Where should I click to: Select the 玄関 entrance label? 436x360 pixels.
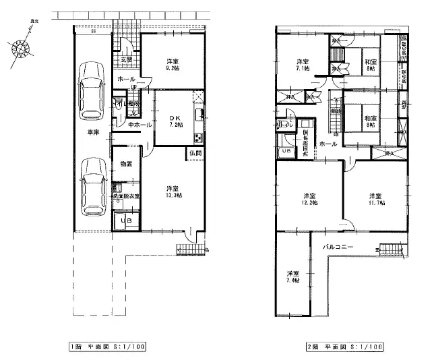click(x=126, y=60)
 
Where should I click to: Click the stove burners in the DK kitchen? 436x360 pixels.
click(x=199, y=139)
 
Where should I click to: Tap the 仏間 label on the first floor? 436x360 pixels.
click(x=195, y=154)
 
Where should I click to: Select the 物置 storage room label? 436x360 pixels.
click(x=126, y=164)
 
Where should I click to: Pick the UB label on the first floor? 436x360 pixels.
click(x=126, y=221)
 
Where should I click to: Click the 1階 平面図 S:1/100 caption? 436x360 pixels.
click(x=107, y=347)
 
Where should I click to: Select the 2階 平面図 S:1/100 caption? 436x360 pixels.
click(x=344, y=347)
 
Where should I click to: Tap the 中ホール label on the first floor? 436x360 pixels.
click(x=131, y=125)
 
